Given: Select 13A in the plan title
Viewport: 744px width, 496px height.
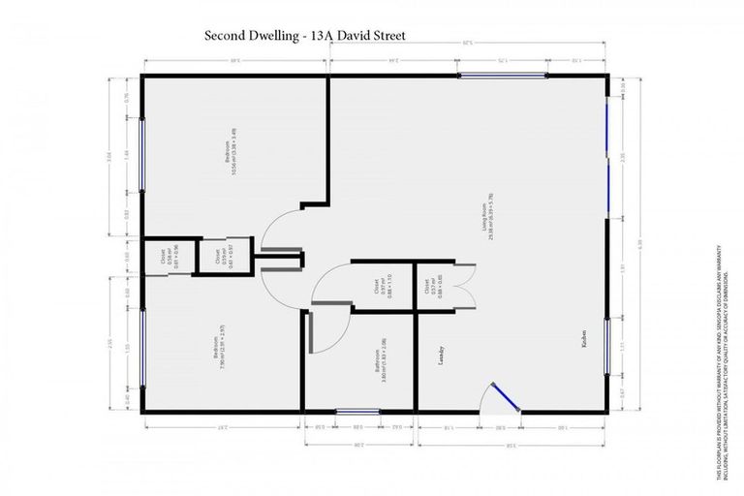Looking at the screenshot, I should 316,36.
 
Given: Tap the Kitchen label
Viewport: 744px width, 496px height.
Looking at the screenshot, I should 584,352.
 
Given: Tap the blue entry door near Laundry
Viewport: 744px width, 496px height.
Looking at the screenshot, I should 504,395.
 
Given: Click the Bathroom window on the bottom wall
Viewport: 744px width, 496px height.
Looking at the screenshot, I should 357,412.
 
